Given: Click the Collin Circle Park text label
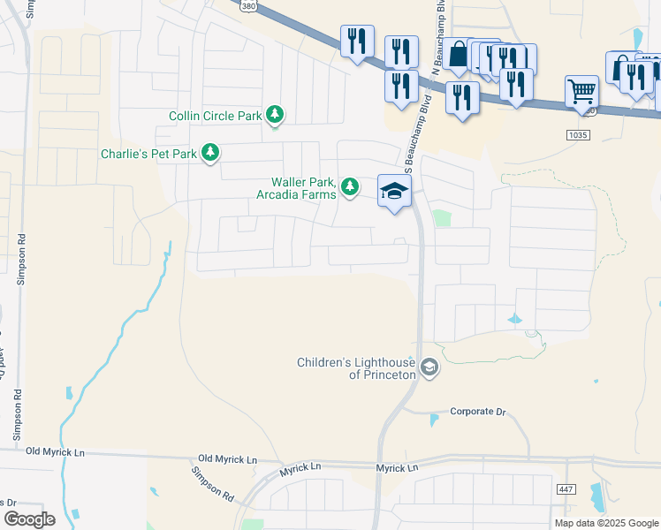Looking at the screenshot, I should [216, 116].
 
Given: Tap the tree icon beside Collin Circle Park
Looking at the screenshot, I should [276, 114].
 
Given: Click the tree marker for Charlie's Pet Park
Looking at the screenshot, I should [210, 153].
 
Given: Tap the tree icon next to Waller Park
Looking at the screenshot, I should [351, 186].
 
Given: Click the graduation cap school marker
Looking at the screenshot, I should [394, 191].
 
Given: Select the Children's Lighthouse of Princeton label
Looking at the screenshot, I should [356, 368].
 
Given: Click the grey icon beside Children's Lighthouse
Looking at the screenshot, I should [429, 367].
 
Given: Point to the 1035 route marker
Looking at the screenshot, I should [579, 133].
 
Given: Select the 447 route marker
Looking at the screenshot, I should [566, 488].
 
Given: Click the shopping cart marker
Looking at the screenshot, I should [581, 92].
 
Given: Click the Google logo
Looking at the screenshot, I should [29, 519].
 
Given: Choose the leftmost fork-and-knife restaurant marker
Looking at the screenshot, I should [357, 42].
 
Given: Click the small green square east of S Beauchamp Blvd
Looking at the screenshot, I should [442, 218].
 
